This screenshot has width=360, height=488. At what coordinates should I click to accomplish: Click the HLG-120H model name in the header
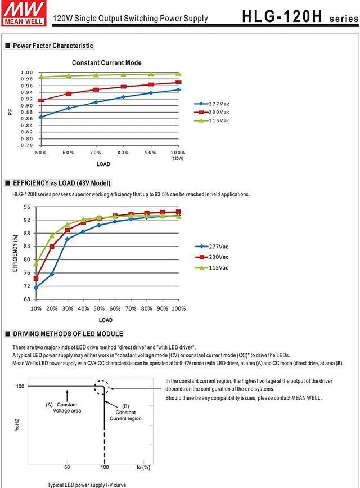(x=282, y=16)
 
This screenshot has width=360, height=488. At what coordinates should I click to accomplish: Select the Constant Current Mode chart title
(x=107, y=63)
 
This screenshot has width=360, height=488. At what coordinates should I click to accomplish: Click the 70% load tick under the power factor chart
(x=95, y=153)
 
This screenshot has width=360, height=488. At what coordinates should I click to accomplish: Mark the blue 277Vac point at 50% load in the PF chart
(x=40, y=117)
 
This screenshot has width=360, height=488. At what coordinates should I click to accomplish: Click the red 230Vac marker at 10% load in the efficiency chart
(x=36, y=279)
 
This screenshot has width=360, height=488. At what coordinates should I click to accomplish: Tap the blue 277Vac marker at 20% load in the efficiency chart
(x=52, y=274)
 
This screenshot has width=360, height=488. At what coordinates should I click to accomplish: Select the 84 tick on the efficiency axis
(x=26, y=247)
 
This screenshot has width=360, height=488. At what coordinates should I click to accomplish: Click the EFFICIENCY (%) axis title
(x=15, y=253)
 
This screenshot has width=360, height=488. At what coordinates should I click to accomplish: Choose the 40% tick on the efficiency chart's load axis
(x=83, y=309)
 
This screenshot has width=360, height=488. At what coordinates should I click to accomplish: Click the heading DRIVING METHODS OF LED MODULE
(x=67, y=334)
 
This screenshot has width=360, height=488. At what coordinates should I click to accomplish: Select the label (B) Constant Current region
(x=125, y=415)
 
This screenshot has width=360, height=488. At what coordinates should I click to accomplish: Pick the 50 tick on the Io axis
(x=66, y=467)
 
